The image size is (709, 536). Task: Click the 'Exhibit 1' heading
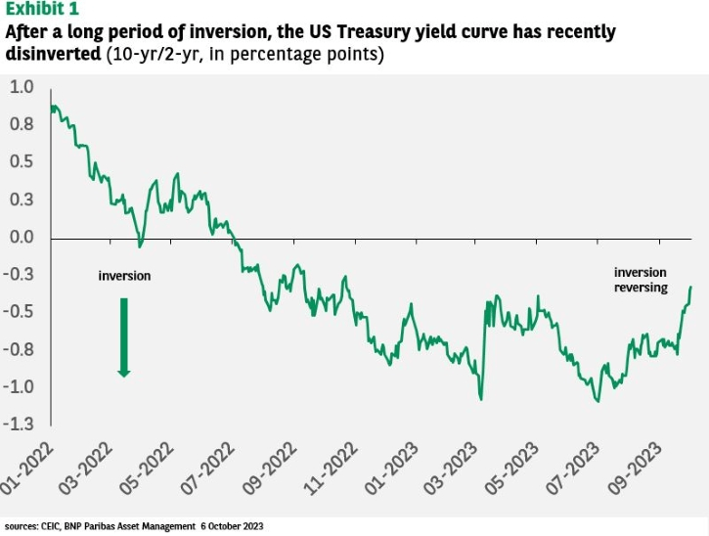click(x=45, y=10)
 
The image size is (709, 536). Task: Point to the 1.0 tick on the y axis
click(x=22, y=87)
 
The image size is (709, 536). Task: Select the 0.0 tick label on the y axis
click(x=22, y=238)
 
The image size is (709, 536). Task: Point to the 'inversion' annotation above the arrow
click(x=124, y=276)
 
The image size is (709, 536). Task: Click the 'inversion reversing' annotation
click(x=641, y=280)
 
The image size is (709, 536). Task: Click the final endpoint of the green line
click(x=691, y=287)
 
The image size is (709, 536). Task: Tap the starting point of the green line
click(x=50, y=106)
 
